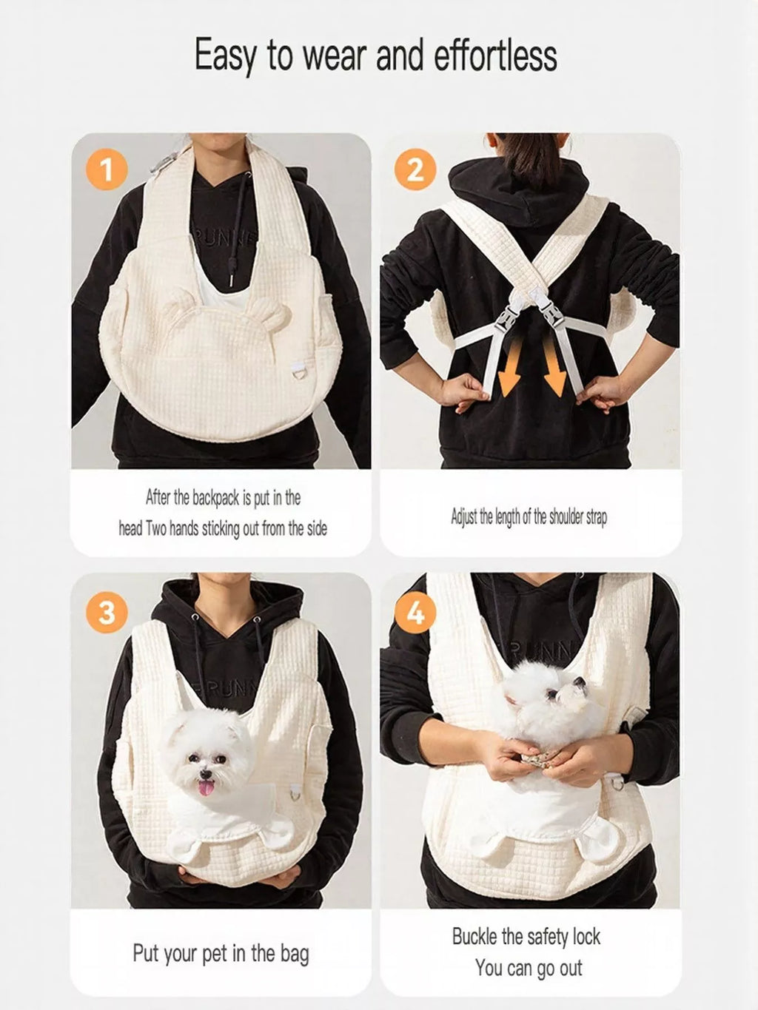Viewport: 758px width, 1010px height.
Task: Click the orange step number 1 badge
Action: (x=107, y=169)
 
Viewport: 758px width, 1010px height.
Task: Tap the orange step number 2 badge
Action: (x=415, y=169)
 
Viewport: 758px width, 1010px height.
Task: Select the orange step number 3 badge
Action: (x=107, y=613)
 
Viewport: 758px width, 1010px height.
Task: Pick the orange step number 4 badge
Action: (x=415, y=613)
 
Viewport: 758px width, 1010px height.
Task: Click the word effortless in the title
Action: (x=496, y=55)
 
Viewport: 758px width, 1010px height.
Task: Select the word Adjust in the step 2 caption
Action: (x=464, y=517)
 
